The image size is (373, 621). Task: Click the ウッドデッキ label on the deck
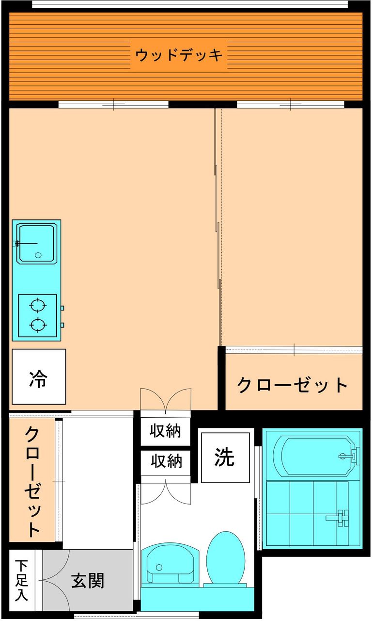(179, 55)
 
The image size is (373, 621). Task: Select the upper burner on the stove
(37, 306)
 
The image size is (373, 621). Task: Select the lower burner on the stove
(37, 324)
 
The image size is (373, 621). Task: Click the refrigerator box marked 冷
(38, 376)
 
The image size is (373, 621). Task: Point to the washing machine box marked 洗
(225, 457)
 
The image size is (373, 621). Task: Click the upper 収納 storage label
(166, 431)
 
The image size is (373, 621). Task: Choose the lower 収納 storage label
(166, 461)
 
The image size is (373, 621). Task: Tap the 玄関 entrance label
(88, 580)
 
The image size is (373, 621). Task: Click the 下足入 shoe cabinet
(21, 580)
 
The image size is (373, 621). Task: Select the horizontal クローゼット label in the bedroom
(293, 385)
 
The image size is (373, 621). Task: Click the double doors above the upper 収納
(166, 400)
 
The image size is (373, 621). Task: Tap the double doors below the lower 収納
(166, 491)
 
